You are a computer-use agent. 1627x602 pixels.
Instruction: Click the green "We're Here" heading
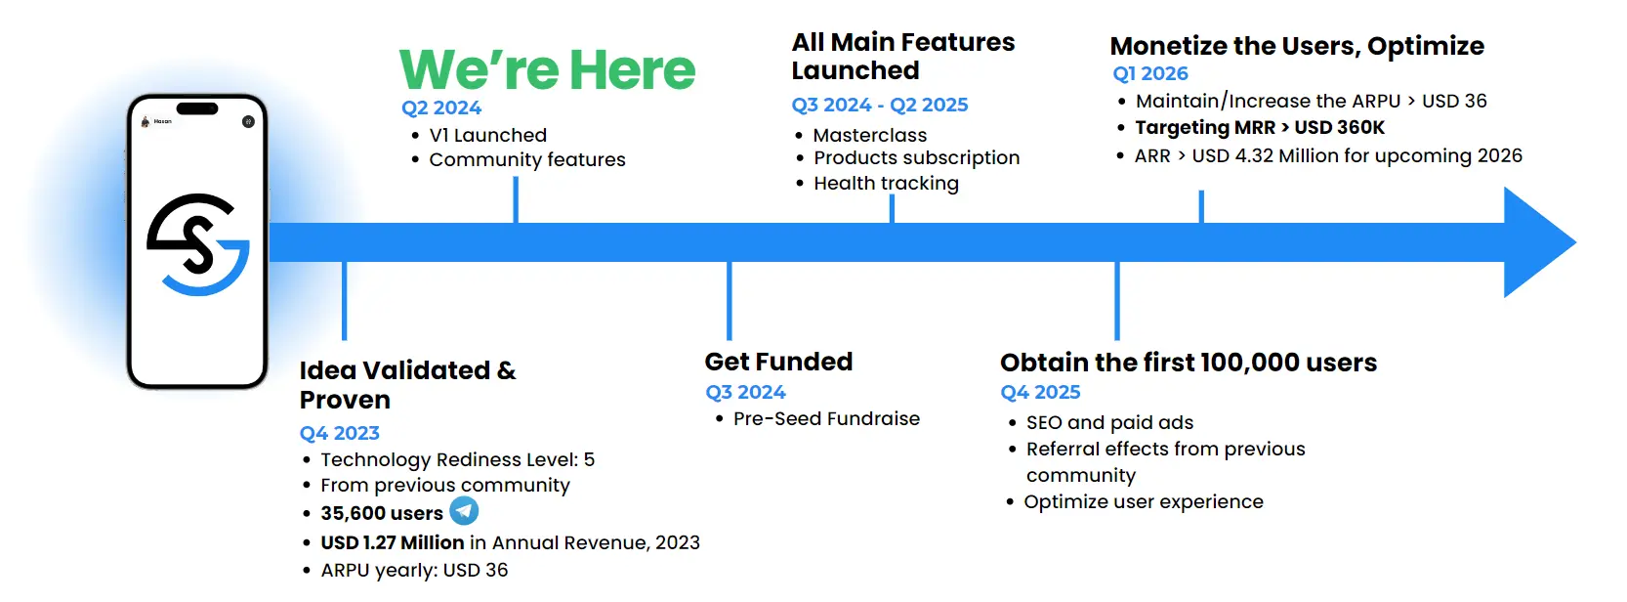coord(547,69)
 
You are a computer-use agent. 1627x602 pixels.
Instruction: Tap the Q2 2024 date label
coord(441,107)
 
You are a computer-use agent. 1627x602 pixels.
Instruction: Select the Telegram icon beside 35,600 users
coord(464,510)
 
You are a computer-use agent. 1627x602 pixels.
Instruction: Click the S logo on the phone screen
coord(198,244)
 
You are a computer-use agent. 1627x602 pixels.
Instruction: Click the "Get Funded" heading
coord(778,362)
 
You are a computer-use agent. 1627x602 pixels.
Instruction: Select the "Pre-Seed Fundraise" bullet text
coord(826,419)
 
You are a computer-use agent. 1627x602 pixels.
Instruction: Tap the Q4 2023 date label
coord(339,433)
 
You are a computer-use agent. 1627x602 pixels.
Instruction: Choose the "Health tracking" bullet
coord(886,183)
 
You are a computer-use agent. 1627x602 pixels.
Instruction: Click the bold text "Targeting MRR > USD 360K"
coord(1260,127)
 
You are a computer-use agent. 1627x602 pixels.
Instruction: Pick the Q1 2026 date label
coord(1150,73)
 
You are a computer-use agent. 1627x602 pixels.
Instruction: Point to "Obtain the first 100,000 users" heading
coord(1189,362)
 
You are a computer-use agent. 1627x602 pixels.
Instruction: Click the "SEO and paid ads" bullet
coord(1109,422)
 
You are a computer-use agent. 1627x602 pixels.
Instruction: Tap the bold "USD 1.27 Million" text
coord(393,542)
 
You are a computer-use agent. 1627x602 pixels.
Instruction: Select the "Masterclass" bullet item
coord(870,135)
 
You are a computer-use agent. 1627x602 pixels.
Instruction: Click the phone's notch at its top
coord(197,109)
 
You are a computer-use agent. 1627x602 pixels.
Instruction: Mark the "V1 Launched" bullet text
coord(488,135)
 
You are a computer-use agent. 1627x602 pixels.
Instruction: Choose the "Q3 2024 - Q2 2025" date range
coord(880,105)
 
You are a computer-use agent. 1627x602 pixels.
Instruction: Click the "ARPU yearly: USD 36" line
coord(414,570)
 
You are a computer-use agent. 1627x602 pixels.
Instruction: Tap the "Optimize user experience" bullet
coord(1144,501)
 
